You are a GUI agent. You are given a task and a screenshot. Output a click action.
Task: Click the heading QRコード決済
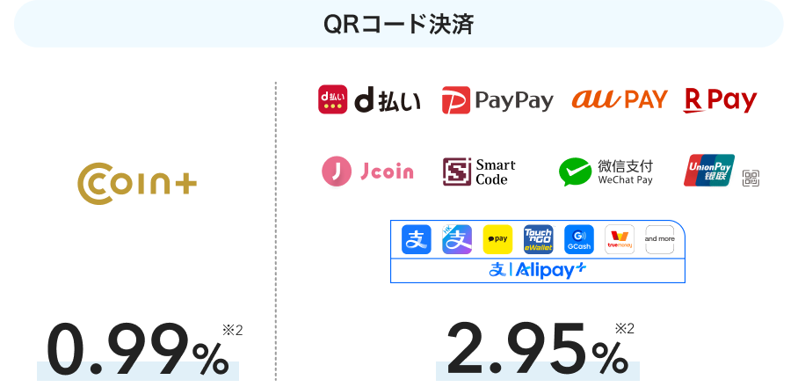(398, 24)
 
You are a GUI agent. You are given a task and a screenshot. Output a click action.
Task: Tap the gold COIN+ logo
(137, 182)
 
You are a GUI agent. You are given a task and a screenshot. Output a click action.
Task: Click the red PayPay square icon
(455, 100)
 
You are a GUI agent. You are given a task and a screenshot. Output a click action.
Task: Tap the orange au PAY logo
(620, 99)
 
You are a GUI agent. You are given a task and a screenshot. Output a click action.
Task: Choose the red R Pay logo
(720, 100)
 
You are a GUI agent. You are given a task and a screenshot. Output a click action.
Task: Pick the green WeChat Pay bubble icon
(575, 172)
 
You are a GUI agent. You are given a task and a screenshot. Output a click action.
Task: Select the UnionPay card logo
(709, 171)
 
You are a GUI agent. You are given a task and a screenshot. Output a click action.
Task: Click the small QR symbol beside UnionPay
(751, 178)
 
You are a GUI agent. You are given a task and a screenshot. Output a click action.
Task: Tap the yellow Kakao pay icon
(497, 239)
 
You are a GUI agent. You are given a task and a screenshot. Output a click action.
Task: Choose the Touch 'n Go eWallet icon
(538, 239)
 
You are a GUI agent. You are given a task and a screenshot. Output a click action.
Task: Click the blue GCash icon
(578, 239)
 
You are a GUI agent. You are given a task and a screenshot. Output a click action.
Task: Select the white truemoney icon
(619, 239)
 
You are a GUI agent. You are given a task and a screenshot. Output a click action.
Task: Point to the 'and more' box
(659, 239)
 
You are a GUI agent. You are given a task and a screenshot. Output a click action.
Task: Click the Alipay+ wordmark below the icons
(537, 270)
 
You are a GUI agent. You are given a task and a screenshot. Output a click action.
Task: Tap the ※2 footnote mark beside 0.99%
(233, 331)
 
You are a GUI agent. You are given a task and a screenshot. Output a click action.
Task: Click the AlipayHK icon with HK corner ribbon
(457, 239)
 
